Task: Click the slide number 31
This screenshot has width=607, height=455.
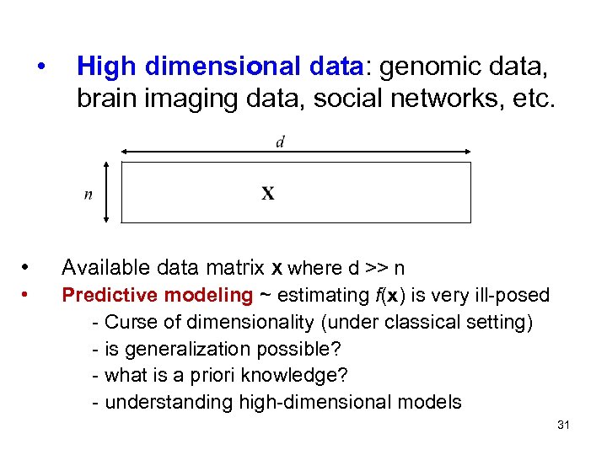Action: [564, 425]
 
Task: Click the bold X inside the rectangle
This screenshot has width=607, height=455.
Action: [267, 194]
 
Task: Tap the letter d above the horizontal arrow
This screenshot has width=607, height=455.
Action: [280, 142]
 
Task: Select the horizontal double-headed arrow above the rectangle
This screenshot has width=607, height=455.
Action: [295, 153]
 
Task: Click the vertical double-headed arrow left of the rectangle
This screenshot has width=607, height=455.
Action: [106, 192]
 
